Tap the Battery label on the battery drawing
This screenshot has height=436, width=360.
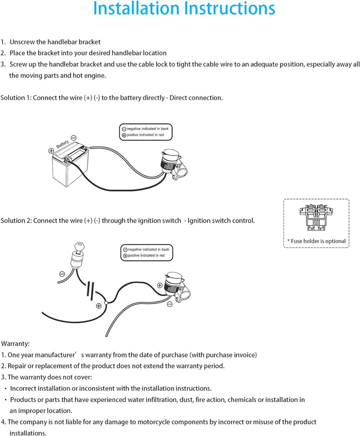[x=62, y=144]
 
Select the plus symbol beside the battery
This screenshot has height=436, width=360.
[x=51, y=150]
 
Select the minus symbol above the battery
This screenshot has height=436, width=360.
[x=73, y=137]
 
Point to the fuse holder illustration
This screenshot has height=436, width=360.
[x=316, y=218]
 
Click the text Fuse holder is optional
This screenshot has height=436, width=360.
[x=316, y=241]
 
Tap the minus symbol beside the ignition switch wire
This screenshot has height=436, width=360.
[x=61, y=273]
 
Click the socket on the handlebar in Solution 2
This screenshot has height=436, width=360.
[x=174, y=287]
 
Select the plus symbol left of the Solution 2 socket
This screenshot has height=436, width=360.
[x=159, y=285]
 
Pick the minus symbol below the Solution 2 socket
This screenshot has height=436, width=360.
[x=169, y=303]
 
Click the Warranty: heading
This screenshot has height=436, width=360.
[x=15, y=343]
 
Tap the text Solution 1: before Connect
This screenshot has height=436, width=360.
[x=16, y=97]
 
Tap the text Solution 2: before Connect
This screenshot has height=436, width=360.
[x=16, y=220]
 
